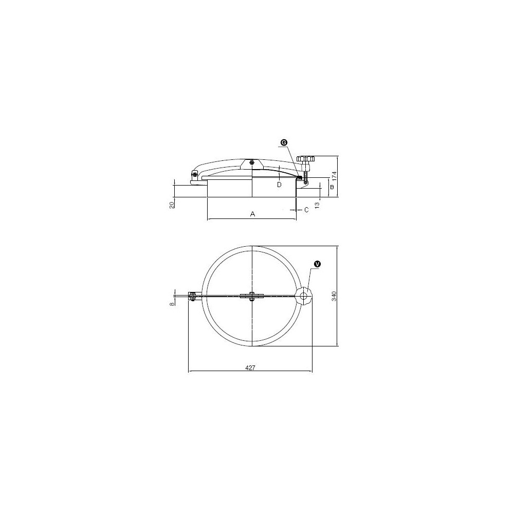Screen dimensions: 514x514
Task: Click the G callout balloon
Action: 284,142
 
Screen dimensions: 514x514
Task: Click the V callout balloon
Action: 317,264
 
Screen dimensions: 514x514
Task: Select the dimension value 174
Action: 334,176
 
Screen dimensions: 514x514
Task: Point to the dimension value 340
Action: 334,296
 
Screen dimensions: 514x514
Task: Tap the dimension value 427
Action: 250,368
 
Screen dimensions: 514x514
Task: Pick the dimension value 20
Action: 171,205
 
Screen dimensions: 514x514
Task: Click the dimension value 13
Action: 317,205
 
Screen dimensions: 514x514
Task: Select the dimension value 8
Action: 171,304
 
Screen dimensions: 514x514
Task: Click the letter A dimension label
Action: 252,214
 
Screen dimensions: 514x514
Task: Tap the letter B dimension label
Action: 332,187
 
